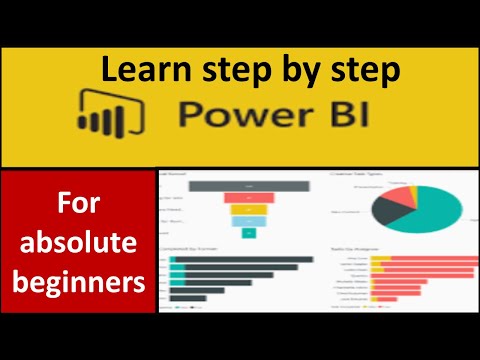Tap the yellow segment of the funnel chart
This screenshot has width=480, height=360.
pos(243,209)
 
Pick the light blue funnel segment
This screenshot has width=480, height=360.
pos(243,221)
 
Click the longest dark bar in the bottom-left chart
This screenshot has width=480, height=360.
pos(240,261)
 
